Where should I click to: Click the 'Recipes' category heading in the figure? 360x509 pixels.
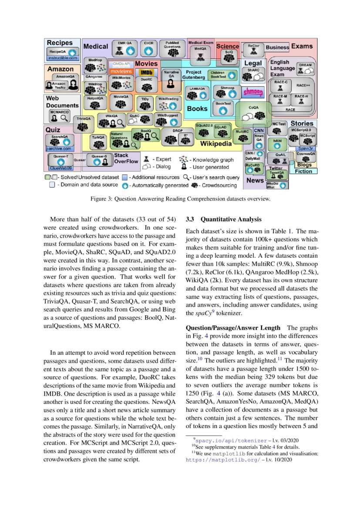pyautogui.click(x=60, y=43)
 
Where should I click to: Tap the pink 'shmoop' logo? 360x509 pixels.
pyautogui.click(x=252, y=92)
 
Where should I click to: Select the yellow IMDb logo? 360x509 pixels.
pyautogui.click(x=147, y=72)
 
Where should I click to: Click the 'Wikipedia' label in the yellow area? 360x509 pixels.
pyautogui.click(x=215, y=143)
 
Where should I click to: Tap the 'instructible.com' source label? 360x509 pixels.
pyautogui.click(x=63, y=57)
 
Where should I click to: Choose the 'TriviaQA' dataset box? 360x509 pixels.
pyautogui.click(x=84, y=124)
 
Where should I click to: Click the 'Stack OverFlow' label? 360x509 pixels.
pyautogui.click(x=126, y=158)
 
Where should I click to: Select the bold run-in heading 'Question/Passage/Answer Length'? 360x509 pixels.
pyautogui.click(x=233, y=328)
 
